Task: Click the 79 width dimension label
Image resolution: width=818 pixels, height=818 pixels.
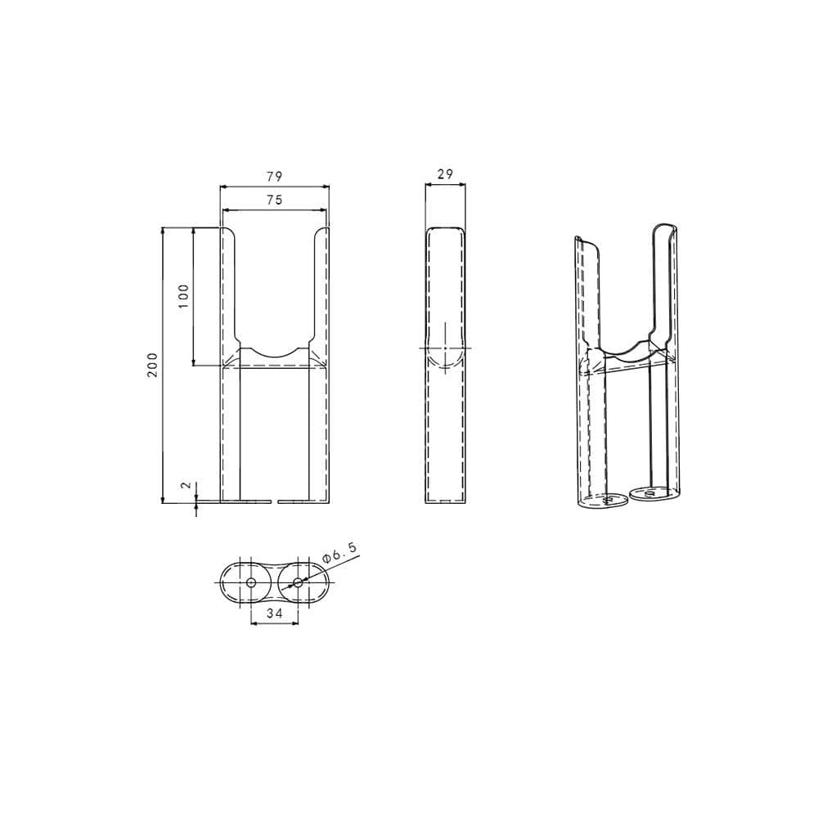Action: (x=274, y=177)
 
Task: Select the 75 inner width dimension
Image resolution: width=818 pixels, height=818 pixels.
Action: (x=274, y=200)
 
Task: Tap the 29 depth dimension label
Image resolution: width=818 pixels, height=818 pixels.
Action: (x=445, y=174)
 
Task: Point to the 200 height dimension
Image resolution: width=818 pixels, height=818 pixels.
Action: (x=152, y=365)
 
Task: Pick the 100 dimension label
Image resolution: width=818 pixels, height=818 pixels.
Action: (x=183, y=295)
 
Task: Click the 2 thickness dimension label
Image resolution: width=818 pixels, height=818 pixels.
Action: (x=187, y=485)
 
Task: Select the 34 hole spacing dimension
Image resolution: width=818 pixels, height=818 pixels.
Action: (x=274, y=612)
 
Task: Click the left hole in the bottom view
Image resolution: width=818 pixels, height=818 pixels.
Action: (x=251, y=582)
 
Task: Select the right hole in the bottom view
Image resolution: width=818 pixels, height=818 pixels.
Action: (x=297, y=582)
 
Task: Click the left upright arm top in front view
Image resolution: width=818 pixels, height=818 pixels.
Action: (x=229, y=232)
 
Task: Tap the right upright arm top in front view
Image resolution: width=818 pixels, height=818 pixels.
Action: (x=321, y=232)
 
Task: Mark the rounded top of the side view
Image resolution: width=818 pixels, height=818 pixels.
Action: (x=445, y=230)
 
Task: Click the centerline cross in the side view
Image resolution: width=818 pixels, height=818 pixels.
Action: (x=444, y=348)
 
